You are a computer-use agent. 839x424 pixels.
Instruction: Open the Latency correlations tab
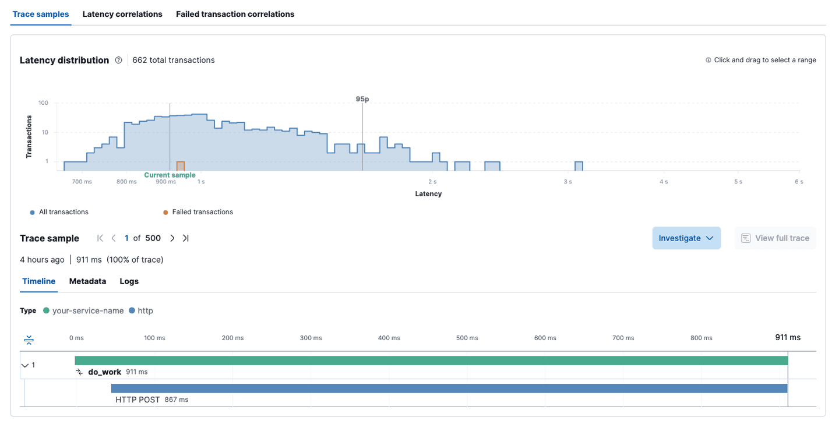point(122,14)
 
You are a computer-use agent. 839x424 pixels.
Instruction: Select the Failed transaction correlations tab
point(235,14)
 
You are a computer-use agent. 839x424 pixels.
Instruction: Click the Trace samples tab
point(41,14)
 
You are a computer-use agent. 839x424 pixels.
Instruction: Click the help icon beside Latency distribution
point(119,60)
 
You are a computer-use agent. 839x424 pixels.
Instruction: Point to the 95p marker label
point(362,99)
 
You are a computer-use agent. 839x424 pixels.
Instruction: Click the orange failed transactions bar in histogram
point(181,166)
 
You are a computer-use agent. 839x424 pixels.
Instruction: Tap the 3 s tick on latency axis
point(567,182)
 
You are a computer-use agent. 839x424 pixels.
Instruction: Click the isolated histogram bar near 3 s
point(579,166)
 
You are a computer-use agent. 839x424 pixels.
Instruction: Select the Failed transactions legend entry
point(202,212)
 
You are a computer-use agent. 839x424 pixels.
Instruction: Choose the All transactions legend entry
point(64,212)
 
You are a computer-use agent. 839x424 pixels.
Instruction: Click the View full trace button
point(775,238)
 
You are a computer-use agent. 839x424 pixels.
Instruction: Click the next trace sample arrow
point(172,238)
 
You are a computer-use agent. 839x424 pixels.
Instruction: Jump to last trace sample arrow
point(186,238)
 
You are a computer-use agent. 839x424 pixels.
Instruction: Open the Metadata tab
point(87,281)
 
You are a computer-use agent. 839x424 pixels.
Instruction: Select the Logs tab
point(129,281)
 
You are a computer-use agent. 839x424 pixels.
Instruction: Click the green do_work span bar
point(431,361)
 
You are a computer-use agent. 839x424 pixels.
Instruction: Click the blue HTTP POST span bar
point(449,388)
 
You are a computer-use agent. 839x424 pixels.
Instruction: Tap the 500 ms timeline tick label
point(467,338)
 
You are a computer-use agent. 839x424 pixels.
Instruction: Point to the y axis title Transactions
point(29,137)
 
